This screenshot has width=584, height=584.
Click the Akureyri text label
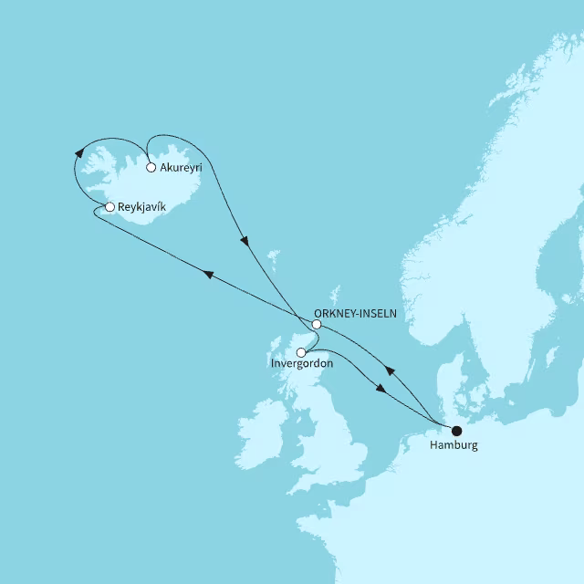point(180,169)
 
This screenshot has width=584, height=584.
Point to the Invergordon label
point(303,363)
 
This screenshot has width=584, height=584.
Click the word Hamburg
point(454,446)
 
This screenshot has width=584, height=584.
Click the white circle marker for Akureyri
point(151,168)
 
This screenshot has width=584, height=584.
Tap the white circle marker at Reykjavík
point(109,207)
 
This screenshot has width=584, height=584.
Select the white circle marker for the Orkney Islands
point(317,325)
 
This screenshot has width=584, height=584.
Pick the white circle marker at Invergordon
point(301,351)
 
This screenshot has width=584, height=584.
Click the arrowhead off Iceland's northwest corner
point(79,152)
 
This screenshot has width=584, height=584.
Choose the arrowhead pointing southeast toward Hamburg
point(381,389)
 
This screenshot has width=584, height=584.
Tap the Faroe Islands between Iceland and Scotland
point(272,257)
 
